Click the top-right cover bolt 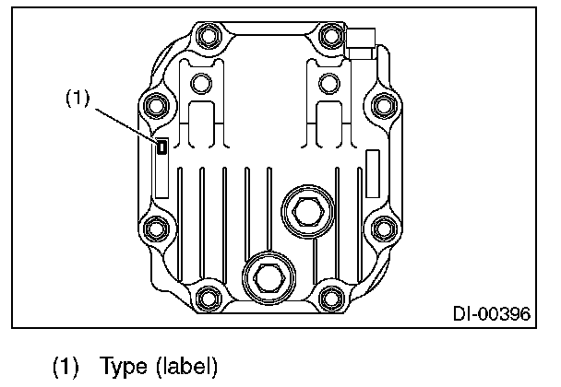pos(328,39)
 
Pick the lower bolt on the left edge pos(154,227)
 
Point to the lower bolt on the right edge pos(383,227)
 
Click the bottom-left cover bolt pos(209,297)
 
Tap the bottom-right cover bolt pos(328,297)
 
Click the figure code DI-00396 pos(491,314)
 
